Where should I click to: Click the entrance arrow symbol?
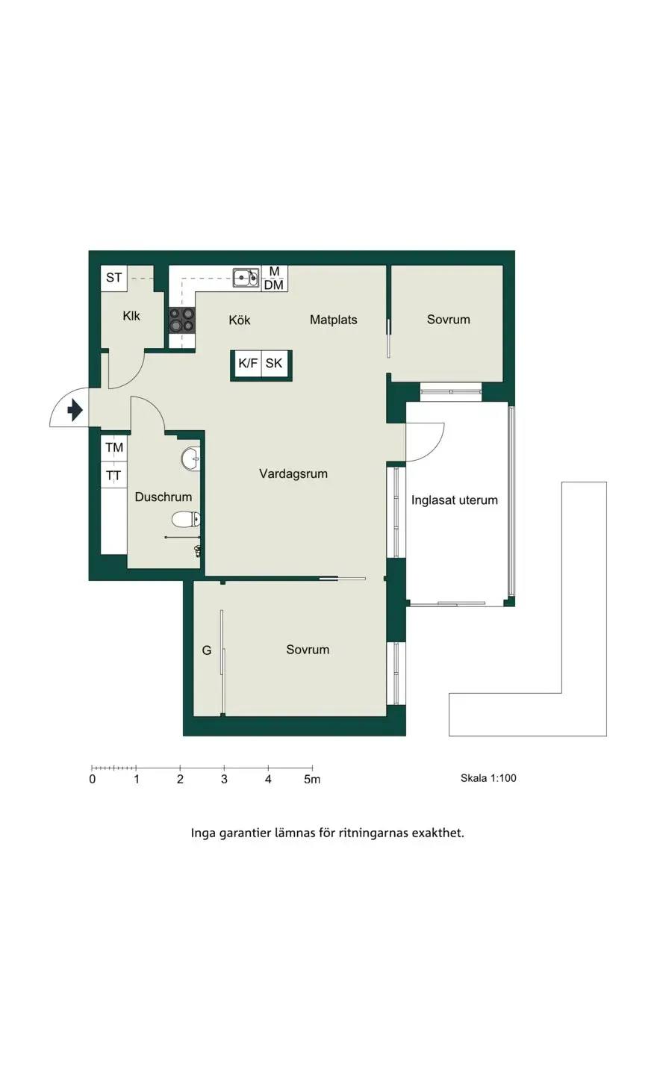[75, 410]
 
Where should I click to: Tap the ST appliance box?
[114, 278]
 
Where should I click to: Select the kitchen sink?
[246, 278]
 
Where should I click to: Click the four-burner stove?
[181, 320]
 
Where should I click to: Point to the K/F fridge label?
[247, 363]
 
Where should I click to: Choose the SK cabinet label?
[274, 363]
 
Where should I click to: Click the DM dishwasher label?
[274, 285]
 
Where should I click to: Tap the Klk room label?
[131, 316]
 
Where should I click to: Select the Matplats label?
[334, 320]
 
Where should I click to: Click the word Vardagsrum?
[293, 474]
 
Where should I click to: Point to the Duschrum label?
[164, 497]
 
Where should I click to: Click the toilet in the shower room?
[186, 519]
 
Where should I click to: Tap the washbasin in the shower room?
[190, 459]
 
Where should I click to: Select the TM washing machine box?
[114, 447]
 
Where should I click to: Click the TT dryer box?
[114, 476]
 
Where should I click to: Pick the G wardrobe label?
[207, 650]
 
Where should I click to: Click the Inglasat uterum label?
[455, 500]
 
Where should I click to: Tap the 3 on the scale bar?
[224, 780]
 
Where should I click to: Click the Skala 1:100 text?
[488, 778]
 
